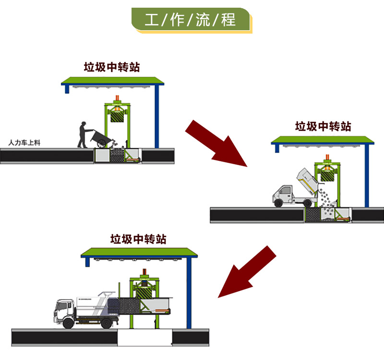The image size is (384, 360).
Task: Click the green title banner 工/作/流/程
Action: [x=191, y=20]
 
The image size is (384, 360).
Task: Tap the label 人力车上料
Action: [x=23, y=143]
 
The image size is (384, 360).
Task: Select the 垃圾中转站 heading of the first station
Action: [x=112, y=67]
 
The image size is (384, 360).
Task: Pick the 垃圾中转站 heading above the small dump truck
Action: [x=323, y=126]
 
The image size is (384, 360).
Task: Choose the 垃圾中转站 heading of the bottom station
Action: [x=138, y=239]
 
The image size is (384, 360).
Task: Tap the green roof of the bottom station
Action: [x=139, y=252]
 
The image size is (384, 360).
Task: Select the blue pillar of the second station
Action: [x=367, y=175]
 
